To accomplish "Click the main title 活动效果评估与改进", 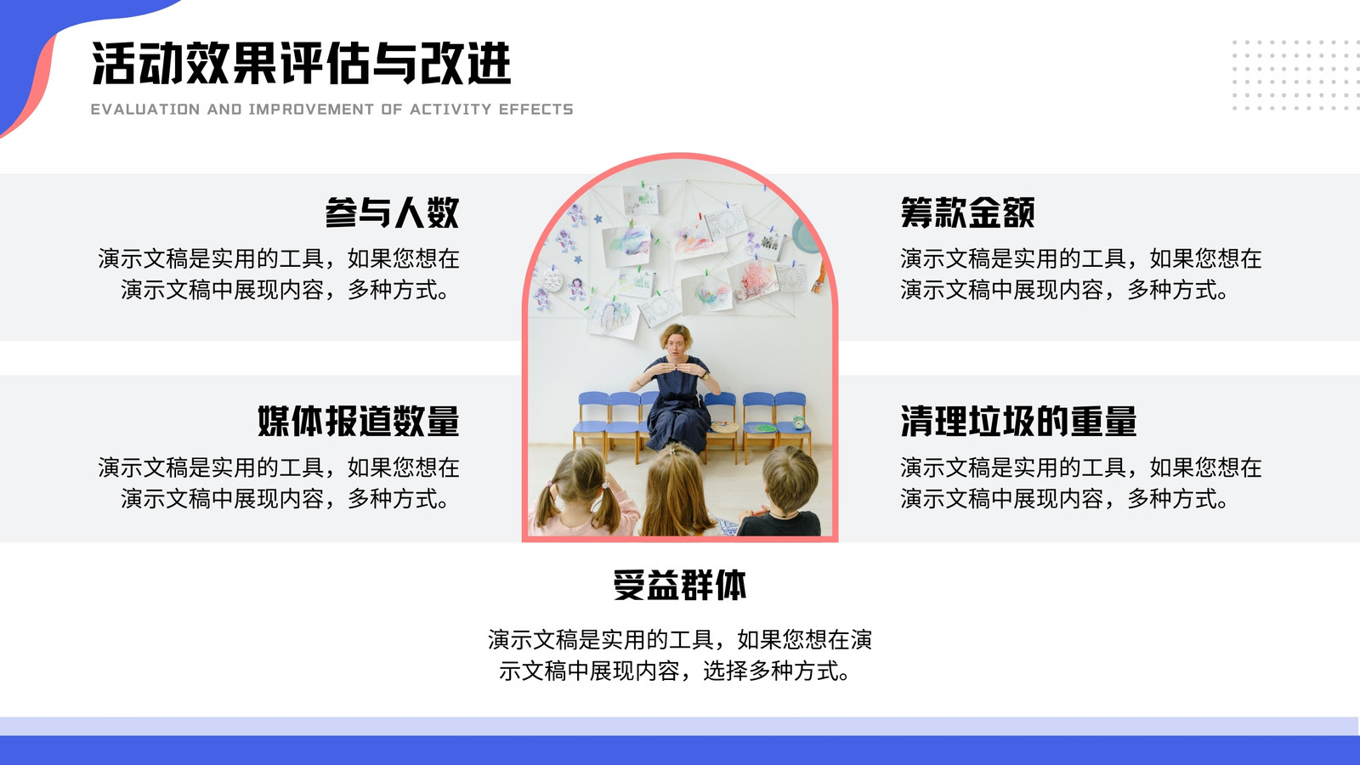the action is [301, 63].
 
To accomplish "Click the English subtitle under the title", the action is [332, 110].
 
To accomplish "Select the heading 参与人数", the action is [392, 212].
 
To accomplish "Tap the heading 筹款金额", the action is [967, 212].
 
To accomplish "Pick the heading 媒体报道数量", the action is [358, 421].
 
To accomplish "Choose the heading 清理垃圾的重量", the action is [1018, 421].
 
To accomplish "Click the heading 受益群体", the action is [680, 586].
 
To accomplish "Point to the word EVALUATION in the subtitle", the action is [145, 110].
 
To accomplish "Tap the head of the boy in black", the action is [790, 478].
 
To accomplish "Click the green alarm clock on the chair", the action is [799, 422].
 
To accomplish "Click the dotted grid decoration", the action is [1295, 76].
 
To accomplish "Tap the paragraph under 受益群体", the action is [680, 655].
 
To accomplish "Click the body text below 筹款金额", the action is [1080, 275].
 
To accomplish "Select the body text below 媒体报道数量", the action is [279, 484].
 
